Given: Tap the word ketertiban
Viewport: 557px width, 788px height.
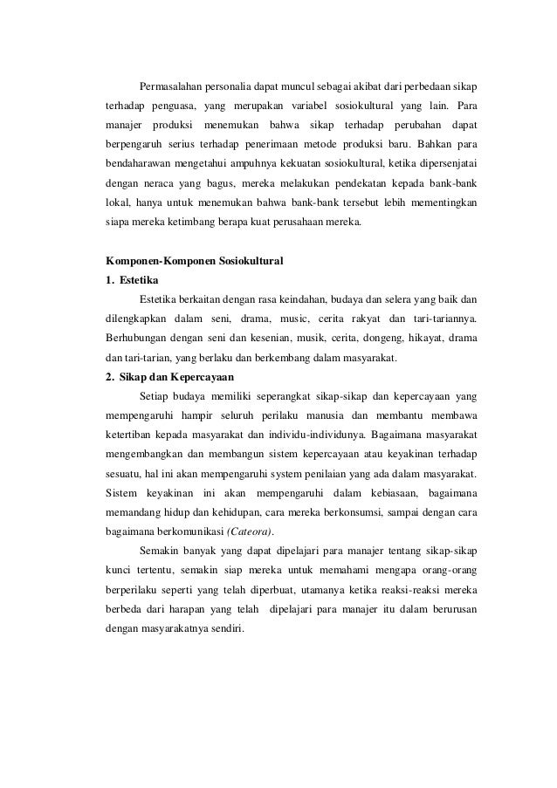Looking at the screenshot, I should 130,432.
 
